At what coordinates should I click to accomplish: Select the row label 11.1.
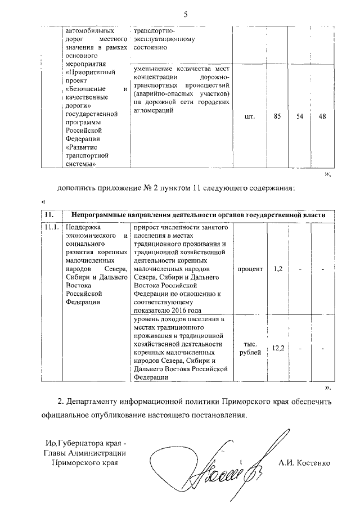(x=51, y=227)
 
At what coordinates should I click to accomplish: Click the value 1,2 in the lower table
(x=277, y=269)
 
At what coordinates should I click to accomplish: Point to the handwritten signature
(x=225, y=461)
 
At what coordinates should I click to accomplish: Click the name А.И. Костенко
(x=304, y=463)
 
